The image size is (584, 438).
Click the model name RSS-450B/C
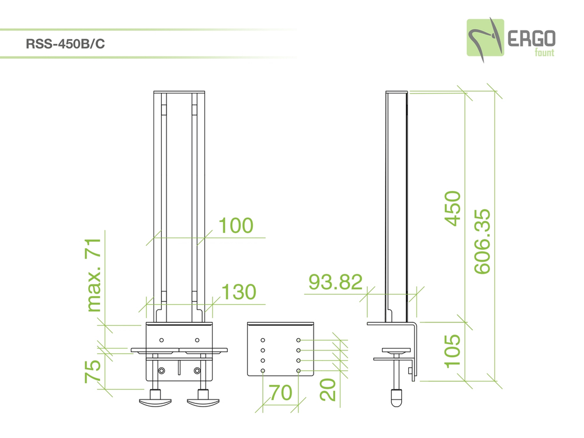click(x=65, y=44)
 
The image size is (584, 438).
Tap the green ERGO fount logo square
click(x=485, y=37)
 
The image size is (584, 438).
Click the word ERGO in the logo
click(x=531, y=39)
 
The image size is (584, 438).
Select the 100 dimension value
click(x=236, y=225)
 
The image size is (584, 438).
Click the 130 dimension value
click(x=239, y=292)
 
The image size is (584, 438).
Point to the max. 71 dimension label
click(x=93, y=275)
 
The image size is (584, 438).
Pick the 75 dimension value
click(x=92, y=371)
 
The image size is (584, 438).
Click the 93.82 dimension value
click(x=336, y=282)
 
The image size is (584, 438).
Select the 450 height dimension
click(x=453, y=208)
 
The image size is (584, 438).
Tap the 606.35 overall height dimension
click(x=482, y=242)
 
